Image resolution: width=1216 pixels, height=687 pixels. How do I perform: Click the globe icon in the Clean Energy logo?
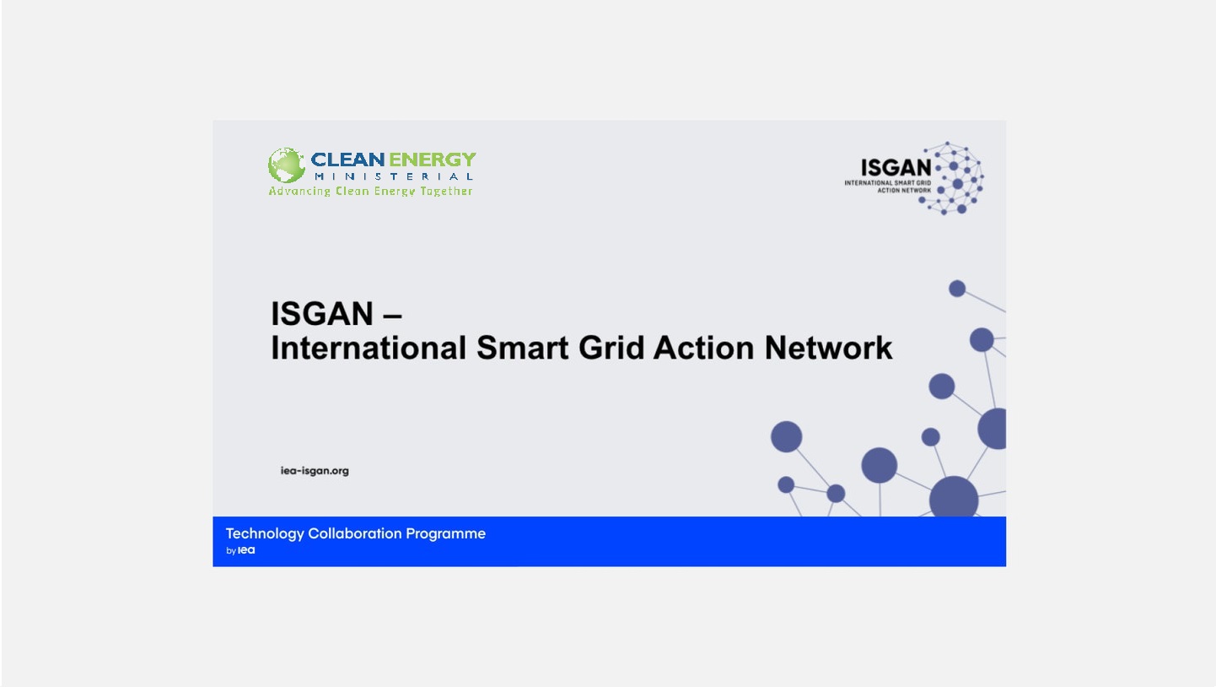click(286, 165)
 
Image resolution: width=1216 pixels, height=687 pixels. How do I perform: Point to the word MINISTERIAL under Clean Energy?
click(393, 176)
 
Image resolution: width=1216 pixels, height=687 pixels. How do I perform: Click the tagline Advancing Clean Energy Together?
click(370, 191)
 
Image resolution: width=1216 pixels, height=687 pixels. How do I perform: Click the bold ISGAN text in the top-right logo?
click(896, 167)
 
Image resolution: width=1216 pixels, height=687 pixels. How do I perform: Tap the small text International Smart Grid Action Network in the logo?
click(888, 187)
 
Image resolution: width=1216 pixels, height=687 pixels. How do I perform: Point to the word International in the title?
click(369, 348)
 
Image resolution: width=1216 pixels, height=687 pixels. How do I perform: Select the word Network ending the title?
click(828, 348)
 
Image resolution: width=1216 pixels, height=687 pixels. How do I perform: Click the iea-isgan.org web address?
click(315, 471)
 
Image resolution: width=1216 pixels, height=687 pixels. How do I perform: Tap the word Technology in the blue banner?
click(264, 533)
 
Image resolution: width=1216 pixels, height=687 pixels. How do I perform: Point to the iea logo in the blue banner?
click(246, 550)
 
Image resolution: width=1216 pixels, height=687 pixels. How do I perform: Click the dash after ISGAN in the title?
click(392, 316)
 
